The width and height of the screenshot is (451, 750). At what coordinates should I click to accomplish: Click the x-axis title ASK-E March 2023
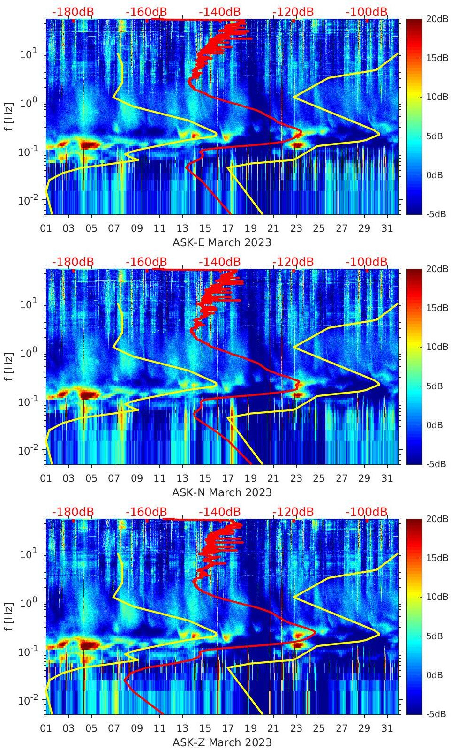pyautogui.click(x=222, y=242)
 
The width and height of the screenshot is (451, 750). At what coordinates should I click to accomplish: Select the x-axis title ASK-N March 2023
pyautogui.click(x=222, y=492)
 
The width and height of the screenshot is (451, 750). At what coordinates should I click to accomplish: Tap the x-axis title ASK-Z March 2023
pyautogui.click(x=222, y=742)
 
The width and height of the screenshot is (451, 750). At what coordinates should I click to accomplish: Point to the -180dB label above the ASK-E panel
pyautogui.click(x=73, y=12)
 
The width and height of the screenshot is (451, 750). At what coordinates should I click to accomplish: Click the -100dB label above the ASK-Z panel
pyautogui.click(x=366, y=512)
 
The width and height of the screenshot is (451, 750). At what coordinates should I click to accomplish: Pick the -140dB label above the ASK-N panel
pyautogui.click(x=219, y=262)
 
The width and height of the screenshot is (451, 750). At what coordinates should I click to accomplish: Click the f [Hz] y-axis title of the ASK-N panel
pyautogui.click(x=9, y=366)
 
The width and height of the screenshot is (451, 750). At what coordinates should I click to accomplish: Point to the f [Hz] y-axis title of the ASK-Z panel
pyautogui.click(x=9, y=616)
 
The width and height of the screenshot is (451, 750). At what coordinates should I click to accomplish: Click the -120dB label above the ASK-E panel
pyautogui.click(x=293, y=12)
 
